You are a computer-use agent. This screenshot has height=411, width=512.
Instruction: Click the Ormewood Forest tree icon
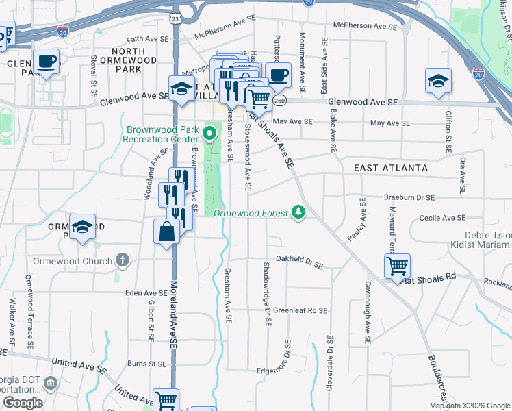pyautogui.click(x=298, y=212)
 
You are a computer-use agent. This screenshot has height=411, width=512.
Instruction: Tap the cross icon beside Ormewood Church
pyautogui.click(x=123, y=260)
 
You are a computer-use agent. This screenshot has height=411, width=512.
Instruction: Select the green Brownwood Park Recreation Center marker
pyautogui.click(x=211, y=129)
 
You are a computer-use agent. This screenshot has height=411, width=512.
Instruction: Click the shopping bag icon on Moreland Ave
pyautogui.click(x=166, y=232)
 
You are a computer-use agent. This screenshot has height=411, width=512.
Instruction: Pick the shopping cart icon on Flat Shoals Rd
pyautogui.click(x=397, y=266)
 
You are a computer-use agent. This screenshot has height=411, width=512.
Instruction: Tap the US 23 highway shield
pyautogui.click(x=176, y=18)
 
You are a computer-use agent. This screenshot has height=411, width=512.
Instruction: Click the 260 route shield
pyautogui.click(x=279, y=101)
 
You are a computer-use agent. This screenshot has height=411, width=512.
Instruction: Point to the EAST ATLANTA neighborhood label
pyautogui.click(x=391, y=168)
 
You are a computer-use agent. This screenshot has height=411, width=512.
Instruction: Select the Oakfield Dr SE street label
pyautogui.click(x=298, y=262)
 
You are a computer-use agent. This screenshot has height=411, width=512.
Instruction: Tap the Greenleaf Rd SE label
pyautogui.click(x=300, y=310)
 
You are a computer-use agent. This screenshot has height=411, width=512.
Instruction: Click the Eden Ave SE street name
pyautogui.click(x=142, y=292)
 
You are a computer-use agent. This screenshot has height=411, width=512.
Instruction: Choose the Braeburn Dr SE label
pyautogui.click(x=409, y=197)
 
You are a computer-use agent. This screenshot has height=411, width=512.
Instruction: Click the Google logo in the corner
pyautogui.click(x=23, y=403)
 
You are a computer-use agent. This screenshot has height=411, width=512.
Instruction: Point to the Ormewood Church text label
pyautogui.click(x=72, y=261)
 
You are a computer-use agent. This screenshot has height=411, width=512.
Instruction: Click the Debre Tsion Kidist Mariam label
pyautogui.click(x=482, y=240)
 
